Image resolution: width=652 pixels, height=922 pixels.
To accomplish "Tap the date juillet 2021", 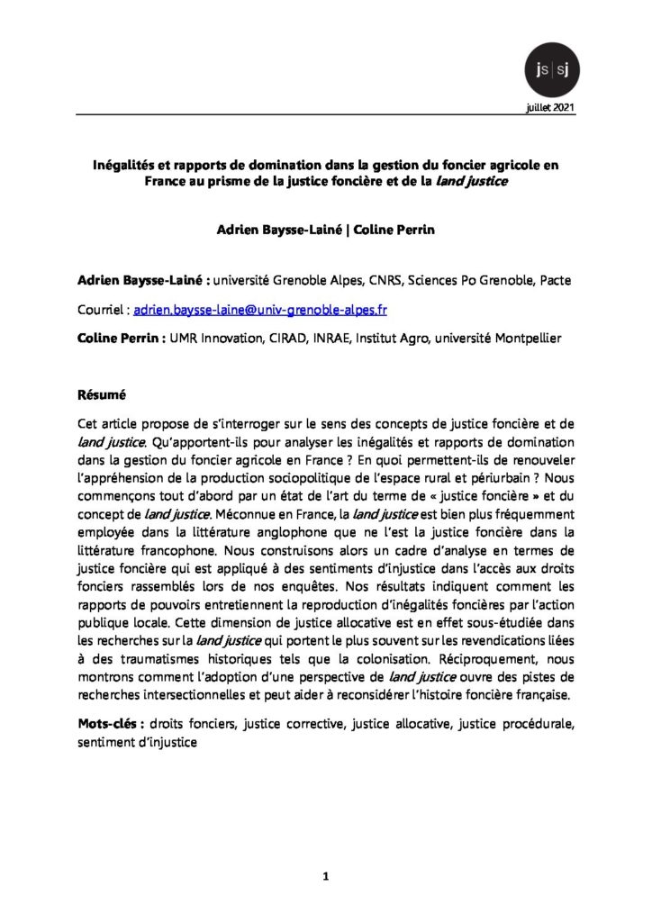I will pyautogui.click(x=546, y=106).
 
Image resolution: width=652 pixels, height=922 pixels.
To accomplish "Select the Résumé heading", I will pyautogui.click(x=99, y=393).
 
